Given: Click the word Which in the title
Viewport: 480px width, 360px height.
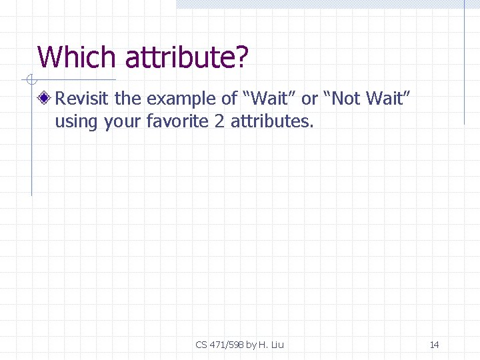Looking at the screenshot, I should tap(77, 57).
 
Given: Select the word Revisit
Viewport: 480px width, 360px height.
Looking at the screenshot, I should tap(83, 99).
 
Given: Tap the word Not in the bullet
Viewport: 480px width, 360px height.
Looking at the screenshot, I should tap(345, 99).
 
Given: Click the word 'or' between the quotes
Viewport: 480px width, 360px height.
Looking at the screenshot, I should tap(309, 100).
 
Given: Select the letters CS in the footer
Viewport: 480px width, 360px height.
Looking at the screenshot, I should tap(201, 345).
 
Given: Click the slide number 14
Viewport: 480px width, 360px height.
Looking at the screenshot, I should tap(434, 345).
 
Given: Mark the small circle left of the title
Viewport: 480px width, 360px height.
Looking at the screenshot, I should tap(31, 81).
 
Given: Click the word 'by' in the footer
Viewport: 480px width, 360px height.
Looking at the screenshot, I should tap(251, 345).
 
